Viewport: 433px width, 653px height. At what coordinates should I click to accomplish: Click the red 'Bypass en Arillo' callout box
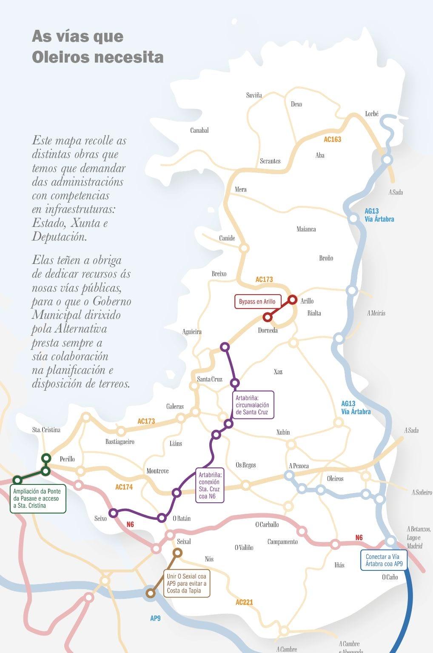tap(257, 302)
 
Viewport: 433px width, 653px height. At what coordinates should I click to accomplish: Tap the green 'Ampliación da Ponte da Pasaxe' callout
tap(37, 498)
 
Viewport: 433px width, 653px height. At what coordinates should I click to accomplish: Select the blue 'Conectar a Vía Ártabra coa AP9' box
tap(383, 560)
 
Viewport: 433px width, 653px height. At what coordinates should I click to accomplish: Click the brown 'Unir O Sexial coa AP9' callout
tap(186, 584)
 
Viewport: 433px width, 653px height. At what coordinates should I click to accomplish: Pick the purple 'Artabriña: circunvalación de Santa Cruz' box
tap(252, 405)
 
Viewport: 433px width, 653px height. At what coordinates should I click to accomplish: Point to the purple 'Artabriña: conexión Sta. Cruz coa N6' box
tap(209, 485)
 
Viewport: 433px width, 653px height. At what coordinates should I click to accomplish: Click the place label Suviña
tap(254, 95)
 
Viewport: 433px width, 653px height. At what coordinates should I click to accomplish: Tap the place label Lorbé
tap(371, 114)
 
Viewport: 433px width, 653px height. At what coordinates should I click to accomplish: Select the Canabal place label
tap(199, 130)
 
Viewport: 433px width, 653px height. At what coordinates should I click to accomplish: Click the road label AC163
tap(332, 139)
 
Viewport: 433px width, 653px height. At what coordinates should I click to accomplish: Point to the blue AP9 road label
tap(155, 618)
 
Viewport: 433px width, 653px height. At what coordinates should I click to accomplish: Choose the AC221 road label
tap(244, 602)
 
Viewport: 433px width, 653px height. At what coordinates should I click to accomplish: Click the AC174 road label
tap(124, 487)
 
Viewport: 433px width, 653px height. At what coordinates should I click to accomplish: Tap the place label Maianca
tap(306, 229)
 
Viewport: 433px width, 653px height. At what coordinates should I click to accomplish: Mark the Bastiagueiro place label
tap(120, 441)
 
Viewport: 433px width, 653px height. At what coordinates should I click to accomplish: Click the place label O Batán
tap(182, 518)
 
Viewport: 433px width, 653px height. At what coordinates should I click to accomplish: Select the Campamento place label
tap(282, 541)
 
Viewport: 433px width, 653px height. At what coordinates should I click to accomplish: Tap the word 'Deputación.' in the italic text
tap(60, 237)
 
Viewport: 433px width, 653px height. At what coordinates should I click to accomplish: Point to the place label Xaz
tap(278, 372)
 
